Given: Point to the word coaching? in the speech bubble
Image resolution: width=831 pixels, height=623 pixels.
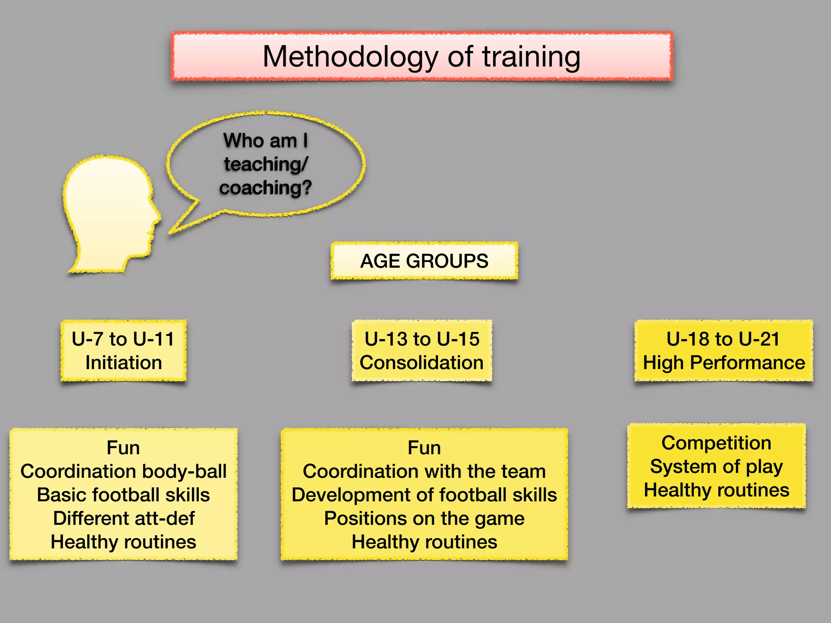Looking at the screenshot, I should (x=266, y=188).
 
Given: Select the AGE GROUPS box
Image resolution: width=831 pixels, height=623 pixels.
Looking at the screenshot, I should (x=424, y=261).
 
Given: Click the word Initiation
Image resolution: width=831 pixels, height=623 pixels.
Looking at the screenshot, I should (x=123, y=363).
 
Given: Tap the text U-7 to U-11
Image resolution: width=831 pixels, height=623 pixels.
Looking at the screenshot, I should (x=123, y=339).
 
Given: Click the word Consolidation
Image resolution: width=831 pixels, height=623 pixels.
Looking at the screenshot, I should (x=422, y=363).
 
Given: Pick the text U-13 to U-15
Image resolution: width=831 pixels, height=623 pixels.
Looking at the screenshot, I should (x=422, y=339).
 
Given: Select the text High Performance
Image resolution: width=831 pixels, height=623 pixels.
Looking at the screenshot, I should (x=724, y=363).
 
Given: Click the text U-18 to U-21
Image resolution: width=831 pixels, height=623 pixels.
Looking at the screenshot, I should (x=723, y=339).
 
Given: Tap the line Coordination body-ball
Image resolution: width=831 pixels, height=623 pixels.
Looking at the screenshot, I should (x=123, y=471).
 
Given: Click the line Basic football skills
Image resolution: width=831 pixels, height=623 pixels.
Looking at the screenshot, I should (x=123, y=495).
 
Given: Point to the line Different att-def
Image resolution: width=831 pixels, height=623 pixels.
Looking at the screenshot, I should (x=123, y=518).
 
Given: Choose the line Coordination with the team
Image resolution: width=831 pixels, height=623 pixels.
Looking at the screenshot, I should (x=424, y=471).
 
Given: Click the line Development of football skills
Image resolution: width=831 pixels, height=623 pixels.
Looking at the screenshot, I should (x=424, y=495).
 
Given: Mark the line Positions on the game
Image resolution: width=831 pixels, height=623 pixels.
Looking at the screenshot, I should (x=424, y=518).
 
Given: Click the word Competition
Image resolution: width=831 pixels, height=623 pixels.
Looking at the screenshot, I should (x=716, y=443).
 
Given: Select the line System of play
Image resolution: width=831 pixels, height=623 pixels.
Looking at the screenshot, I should (x=716, y=466).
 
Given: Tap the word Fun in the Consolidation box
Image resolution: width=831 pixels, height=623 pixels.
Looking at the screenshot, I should (x=424, y=448).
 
